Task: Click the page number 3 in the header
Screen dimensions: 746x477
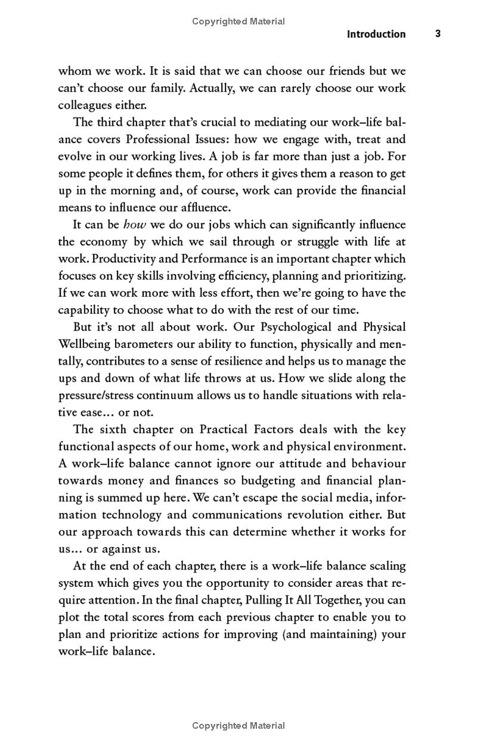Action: (x=438, y=34)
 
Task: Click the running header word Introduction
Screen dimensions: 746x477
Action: (x=376, y=34)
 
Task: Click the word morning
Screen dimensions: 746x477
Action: (x=131, y=191)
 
